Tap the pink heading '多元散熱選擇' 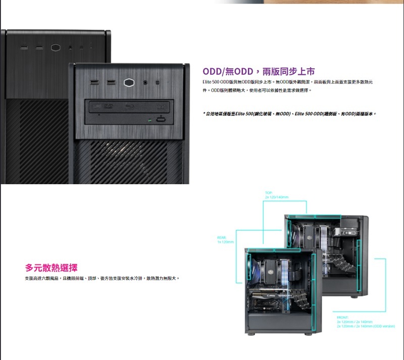[52, 267]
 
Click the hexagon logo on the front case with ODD [131, 82]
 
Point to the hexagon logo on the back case [55, 48]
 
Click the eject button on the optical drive [161, 119]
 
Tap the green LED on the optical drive [149, 120]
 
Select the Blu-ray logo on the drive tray [130, 107]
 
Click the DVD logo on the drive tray [107, 107]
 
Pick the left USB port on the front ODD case [95, 82]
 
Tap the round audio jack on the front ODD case [146, 82]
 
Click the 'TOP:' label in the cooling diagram [268, 193]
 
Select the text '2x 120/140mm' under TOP [276, 197]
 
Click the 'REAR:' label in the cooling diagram [221, 237]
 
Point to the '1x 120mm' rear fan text [225, 241]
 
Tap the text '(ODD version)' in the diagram [384, 326]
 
